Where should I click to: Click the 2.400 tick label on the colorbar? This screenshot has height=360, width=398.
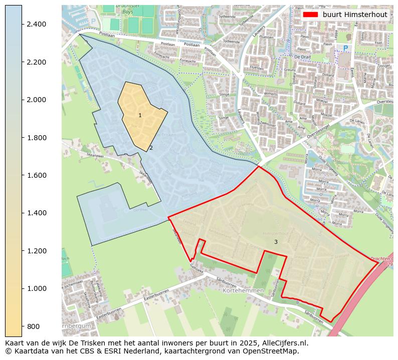(37, 25)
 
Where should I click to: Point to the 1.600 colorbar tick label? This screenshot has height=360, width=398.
(37, 175)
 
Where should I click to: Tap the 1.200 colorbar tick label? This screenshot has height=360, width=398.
(37, 251)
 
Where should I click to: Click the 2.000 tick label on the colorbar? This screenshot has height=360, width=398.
(37, 100)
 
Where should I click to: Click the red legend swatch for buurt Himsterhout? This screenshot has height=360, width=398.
(311, 15)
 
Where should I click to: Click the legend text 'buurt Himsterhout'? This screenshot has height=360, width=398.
(355, 15)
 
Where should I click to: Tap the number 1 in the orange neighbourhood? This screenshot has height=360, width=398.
(140, 116)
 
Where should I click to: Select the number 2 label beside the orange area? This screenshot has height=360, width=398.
(151, 148)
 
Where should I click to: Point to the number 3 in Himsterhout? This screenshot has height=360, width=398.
(276, 242)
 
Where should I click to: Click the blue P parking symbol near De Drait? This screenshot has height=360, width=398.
(345, 48)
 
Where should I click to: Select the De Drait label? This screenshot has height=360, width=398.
(303, 57)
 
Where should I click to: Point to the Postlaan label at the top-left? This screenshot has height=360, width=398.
(107, 35)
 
